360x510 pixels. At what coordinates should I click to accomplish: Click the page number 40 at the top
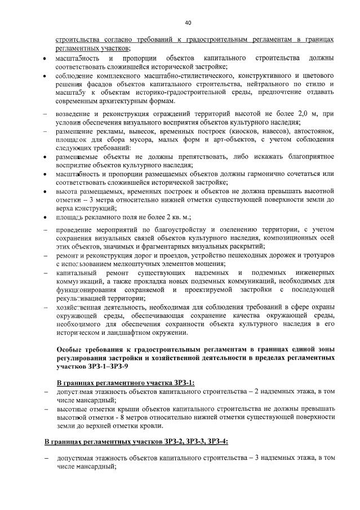click(x=188, y=23)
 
